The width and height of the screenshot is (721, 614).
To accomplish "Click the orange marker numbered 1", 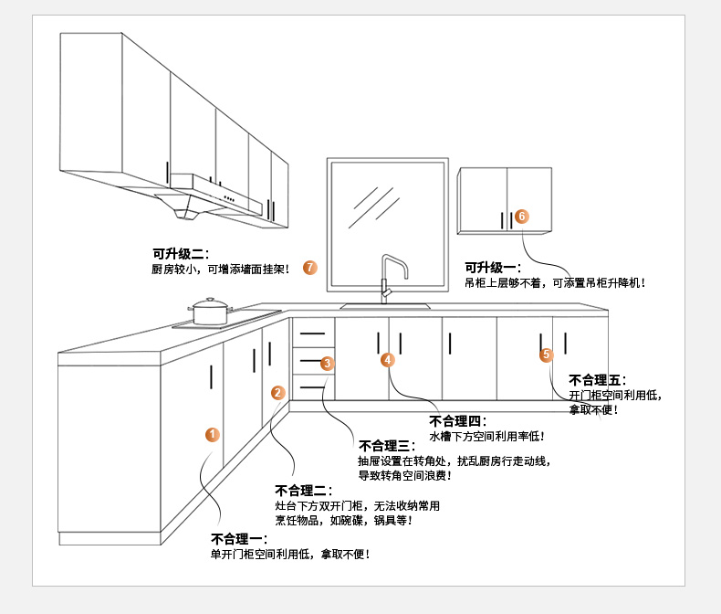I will click(212, 435).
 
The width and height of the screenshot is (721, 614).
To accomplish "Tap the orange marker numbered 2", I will click(278, 393).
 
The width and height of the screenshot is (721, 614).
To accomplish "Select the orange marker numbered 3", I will click(328, 364).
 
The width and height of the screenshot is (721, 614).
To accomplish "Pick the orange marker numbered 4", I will click(388, 360).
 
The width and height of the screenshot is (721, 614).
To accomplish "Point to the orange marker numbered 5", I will click(547, 354).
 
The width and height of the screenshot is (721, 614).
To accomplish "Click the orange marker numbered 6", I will click(521, 217).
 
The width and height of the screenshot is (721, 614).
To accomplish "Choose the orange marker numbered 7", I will click(310, 268).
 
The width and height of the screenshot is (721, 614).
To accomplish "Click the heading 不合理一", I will click(239, 538).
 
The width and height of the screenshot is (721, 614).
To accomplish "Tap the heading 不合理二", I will click(303, 491).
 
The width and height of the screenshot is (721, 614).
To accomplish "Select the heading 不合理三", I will click(387, 446).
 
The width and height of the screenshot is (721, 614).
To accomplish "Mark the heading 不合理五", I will click(597, 380).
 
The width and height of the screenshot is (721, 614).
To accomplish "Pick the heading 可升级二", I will click(181, 254).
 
